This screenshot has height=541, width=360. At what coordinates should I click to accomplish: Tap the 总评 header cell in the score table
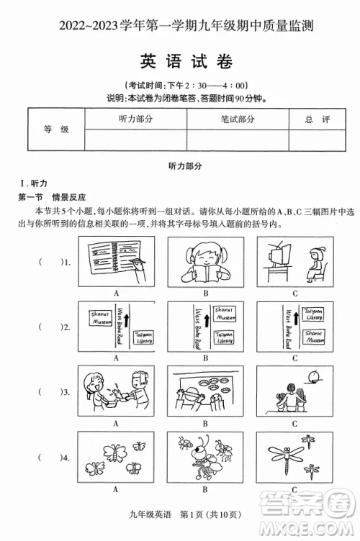coord(317,119)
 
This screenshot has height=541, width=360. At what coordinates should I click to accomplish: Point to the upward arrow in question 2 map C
coord(296,314)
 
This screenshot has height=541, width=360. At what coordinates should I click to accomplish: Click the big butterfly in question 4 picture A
coord(114,451)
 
